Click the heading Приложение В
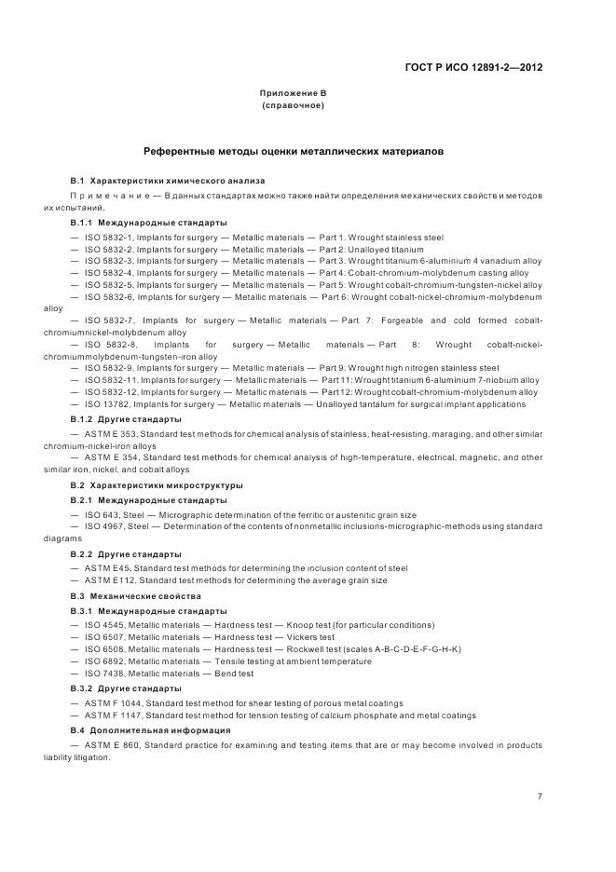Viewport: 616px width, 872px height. (293, 93)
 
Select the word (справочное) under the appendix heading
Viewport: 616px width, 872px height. (293, 105)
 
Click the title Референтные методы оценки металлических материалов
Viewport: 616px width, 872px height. (293, 150)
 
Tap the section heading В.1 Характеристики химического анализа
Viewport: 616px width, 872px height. (167, 180)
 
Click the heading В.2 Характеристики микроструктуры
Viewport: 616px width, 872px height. (157, 485)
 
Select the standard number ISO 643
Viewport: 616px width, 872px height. (102, 514)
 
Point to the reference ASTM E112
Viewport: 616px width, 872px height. (109, 580)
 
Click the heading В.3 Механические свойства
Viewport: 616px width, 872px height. (135, 595)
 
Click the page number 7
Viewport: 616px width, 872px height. (540, 796)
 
